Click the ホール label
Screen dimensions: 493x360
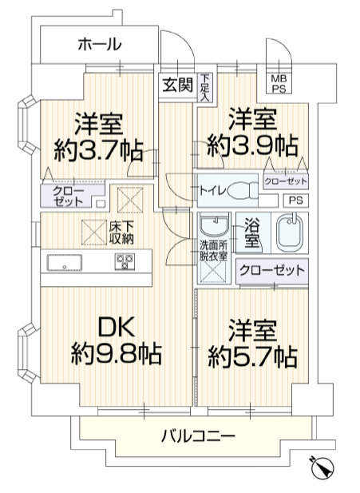(x=100, y=45)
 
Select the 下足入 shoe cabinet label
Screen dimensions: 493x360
(x=205, y=86)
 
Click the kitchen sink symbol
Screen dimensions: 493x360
(x=61, y=260)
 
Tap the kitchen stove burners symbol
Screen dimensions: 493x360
(x=125, y=260)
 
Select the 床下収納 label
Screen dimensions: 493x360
(x=121, y=233)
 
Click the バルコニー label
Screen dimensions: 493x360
(x=198, y=436)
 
